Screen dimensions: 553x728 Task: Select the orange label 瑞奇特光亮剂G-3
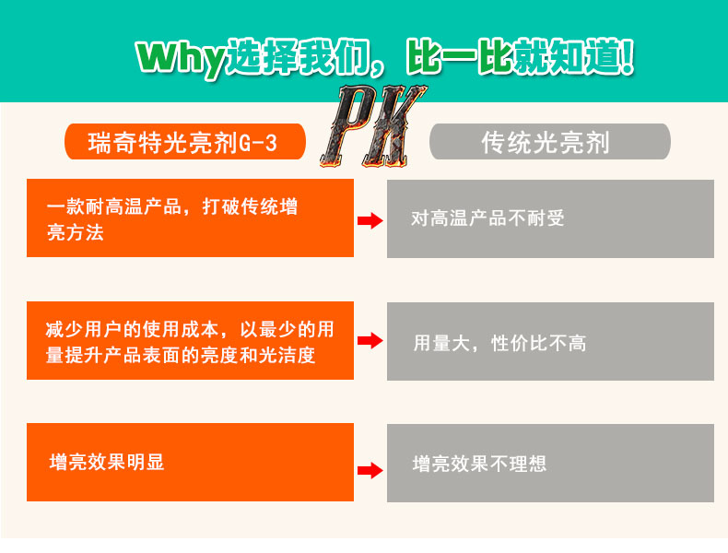pyautogui.click(x=185, y=142)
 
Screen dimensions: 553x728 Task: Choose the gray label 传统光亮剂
pyautogui.click(x=549, y=142)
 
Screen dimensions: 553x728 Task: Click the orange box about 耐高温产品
pyautogui.click(x=190, y=218)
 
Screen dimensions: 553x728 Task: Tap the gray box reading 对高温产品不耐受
pyautogui.click(x=550, y=218)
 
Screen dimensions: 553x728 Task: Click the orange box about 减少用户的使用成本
pyautogui.click(x=190, y=341)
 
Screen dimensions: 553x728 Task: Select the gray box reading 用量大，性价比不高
pyautogui.click(x=550, y=342)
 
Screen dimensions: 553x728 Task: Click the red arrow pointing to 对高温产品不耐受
pyautogui.click(x=370, y=220)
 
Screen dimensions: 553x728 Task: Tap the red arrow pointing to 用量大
pyautogui.click(x=370, y=341)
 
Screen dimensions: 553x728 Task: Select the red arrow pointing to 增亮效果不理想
pyautogui.click(x=370, y=470)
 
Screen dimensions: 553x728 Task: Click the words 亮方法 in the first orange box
pyautogui.click(x=76, y=232)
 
